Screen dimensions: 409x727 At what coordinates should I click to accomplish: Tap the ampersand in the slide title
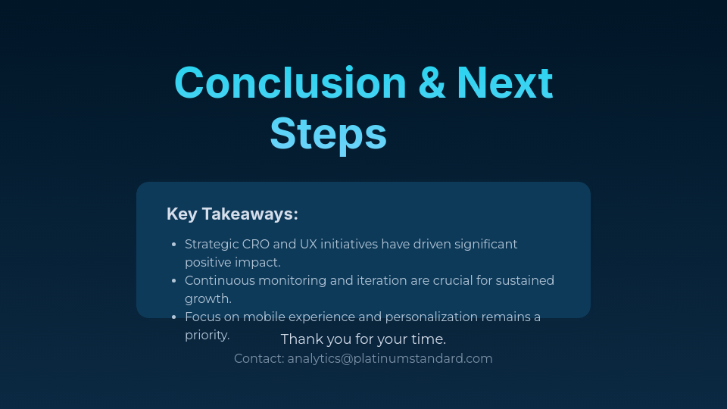pyautogui.click(x=432, y=83)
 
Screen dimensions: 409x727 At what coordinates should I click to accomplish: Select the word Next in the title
pyautogui.click(x=504, y=83)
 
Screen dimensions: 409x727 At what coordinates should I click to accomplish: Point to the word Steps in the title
pyautogui.click(x=328, y=134)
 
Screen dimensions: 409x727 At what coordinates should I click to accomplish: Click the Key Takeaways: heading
pyautogui.click(x=232, y=214)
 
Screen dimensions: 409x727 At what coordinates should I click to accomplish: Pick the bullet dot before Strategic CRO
pyautogui.click(x=174, y=245)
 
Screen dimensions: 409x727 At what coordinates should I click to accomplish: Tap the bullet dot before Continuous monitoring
pyautogui.click(x=174, y=281)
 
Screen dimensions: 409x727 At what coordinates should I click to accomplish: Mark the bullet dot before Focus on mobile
pyautogui.click(x=174, y=317)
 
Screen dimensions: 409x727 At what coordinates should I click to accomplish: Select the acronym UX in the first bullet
pyautogui.click(x=308, y=245)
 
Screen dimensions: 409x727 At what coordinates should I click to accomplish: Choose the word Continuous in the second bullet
pyautogui.click(x=220, y=281)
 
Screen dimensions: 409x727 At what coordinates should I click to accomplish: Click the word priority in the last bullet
pyautogui.click(x=207, y=336)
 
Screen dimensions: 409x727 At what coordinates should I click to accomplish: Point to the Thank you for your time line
pyautogui.click(x=363, y=339)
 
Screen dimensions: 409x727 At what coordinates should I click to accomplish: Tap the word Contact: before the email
pyautogui.click(x=259, y=359)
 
